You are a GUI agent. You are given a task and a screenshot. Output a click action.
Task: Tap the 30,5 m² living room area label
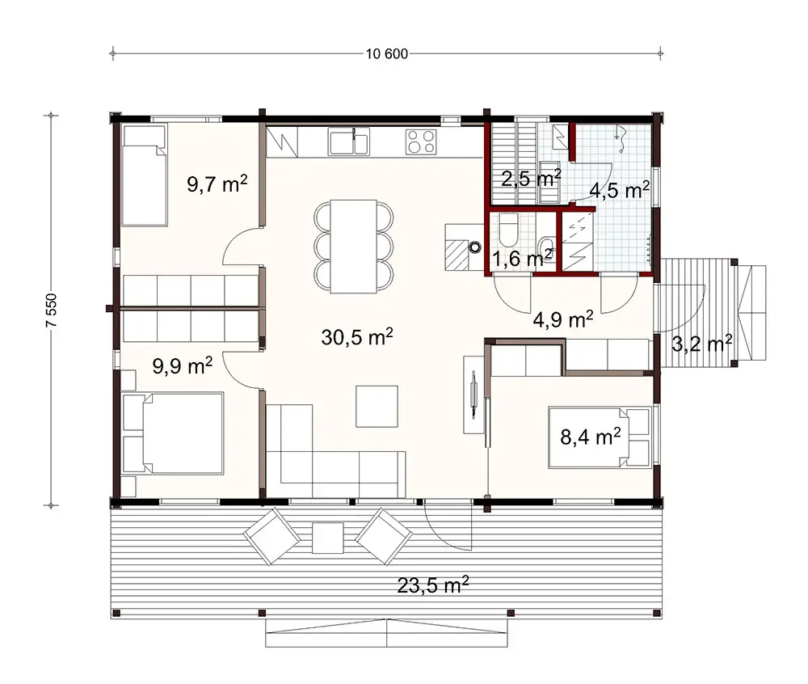[x=357, y=337]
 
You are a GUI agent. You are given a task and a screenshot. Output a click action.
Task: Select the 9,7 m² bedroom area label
[x=217, y=184]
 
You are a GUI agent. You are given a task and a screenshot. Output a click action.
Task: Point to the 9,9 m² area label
[x=183, y=365]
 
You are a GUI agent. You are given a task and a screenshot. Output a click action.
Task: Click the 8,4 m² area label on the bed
[x=590, y=437]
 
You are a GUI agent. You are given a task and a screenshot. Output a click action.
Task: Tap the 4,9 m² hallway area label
[x=563, y=319]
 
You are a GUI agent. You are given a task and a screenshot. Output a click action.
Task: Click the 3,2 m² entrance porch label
[x=701, y=344]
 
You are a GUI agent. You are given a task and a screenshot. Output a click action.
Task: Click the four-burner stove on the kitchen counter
[x=420, y=141]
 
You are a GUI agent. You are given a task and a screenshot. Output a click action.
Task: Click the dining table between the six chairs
[x=353, y=246]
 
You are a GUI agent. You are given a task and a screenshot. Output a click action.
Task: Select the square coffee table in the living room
[x=377, y=406]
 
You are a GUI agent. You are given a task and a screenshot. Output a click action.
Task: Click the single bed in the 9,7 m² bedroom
[x=145, y=175]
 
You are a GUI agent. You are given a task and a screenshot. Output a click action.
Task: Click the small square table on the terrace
[x=327, y=537]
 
